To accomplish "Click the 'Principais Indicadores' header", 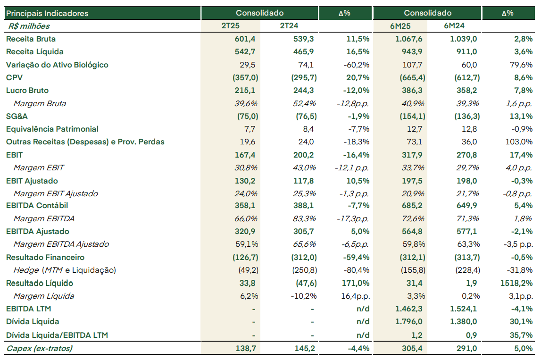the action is [x=47, y=14].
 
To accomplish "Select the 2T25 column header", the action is [x=231, y=26].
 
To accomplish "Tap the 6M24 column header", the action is [x=454, y=26].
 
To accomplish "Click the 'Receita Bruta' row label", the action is [x=31, y=39].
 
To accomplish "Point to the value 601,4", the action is [x=245, y=39].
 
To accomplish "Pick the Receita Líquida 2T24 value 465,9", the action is [x=304, y=52].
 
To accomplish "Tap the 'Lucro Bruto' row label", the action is [x=27, y=91].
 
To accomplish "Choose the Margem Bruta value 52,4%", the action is [x=304, y=103].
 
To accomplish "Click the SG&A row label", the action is [x=17, y=117].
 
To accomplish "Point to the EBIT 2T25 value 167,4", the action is [x=245, y=155].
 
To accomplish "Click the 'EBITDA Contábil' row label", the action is [x=37, y=205].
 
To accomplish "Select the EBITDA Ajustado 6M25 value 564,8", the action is [x=412, y=231].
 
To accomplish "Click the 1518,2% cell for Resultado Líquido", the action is [x=516, y=283].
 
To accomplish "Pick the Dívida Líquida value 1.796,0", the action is [x=409, y=322].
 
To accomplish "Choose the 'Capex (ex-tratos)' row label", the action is [x=39, y=348].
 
